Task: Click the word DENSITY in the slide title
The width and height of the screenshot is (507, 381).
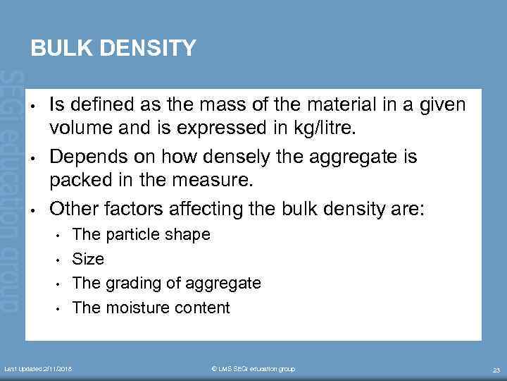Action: (148, 48)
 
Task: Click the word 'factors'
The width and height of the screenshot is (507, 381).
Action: (132, 208)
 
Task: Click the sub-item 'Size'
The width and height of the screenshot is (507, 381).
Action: (88, 259)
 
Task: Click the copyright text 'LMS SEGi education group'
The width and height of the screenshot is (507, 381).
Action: (254, 369)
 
